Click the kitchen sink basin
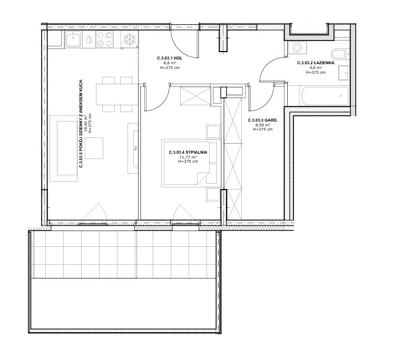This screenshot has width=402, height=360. click(x=74, y=39)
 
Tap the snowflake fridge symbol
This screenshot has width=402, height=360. click(x=129, y=39)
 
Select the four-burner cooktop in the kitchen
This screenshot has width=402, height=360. click(x=105, y=39)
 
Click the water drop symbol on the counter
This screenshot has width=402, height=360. click(x=89, y=39)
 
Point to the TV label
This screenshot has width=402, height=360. click(x=136, y=148)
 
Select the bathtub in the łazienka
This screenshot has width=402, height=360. click(x=324, y=96)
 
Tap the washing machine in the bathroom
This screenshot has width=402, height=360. click(x=297, y=48)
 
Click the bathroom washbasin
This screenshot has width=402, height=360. click(x=344, y=73)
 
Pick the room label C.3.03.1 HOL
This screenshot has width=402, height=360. click(x=170, y=58)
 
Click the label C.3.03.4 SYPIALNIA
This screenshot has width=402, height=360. click(x=188, y=152)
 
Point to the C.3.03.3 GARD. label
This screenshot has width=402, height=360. click(x=263, y=120)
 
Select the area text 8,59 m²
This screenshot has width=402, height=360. click(x=263, y=125)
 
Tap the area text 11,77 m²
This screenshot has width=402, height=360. click(x=188, y=157)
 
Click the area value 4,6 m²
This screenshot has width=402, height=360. click(x=316, y=67)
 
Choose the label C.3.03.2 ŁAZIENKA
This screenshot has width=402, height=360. click(x=316, y=63)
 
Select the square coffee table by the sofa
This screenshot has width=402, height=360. click(x=94, y=148)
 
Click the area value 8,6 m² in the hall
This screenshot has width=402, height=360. click(x=170, y=63)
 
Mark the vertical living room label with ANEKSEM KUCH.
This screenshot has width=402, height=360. click(x=81, y=123)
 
